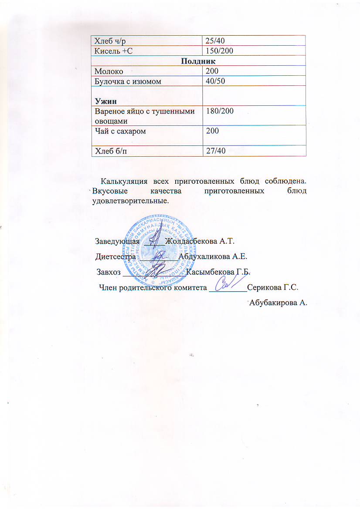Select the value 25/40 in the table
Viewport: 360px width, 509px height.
point(214,41)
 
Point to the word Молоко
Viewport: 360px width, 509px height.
point(107,71)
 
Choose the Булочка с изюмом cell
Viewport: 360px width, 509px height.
point(123,81)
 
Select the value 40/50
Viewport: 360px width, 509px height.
point(214,81)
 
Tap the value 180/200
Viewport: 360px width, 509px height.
point(220,111)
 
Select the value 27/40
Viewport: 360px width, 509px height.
point(214,151)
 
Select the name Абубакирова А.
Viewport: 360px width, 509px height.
point(278,303)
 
